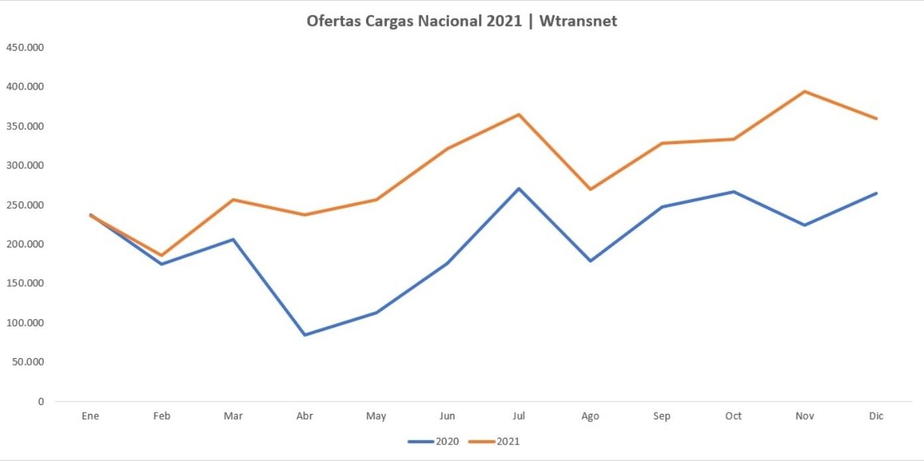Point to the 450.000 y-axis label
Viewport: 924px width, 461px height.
[25, 48]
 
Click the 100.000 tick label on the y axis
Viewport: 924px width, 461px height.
[25, 323]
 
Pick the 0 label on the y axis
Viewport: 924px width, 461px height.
[40, 401]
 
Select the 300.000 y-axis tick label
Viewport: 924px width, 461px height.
[25, 165]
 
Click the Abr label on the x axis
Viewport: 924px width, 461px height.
[304, 416]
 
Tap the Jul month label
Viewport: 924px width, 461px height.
[519, 416]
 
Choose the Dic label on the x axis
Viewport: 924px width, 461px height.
[876, 416]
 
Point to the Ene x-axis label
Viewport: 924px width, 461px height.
[90, 416]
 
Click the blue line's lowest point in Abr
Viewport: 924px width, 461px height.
[304, 335]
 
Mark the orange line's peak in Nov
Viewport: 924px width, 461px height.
[805, 92]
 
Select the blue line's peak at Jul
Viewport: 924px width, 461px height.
[519, 188]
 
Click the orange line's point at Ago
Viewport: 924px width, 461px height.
[590, 189]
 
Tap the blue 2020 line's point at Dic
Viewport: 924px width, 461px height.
[876, 193]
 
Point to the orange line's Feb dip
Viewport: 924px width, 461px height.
[161, 255]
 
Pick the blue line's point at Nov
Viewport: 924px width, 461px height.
[805, 225]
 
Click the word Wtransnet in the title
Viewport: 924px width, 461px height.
[578, 21]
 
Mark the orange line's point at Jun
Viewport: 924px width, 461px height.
[447, 149]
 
